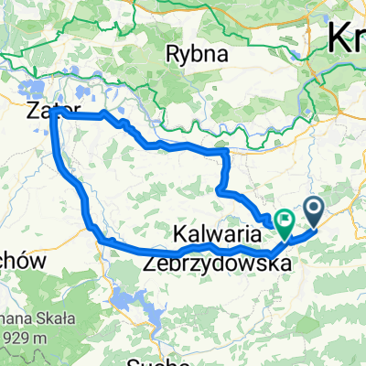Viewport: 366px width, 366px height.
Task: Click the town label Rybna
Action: [195, 54]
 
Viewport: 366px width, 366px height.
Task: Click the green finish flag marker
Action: [284, 221]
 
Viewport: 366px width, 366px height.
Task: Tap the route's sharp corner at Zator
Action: [59, 115]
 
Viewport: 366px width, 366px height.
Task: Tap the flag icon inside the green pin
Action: [284, 219]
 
